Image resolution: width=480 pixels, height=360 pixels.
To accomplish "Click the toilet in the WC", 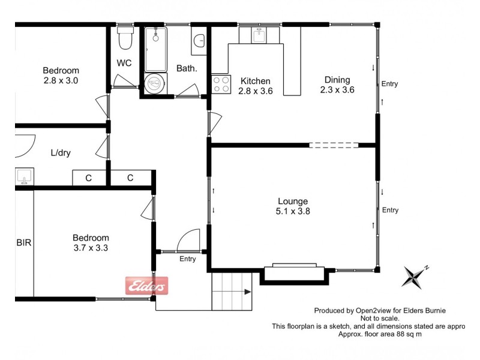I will click(x=125, y=38).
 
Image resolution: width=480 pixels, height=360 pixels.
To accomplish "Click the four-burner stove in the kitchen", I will click(x=220, y=84).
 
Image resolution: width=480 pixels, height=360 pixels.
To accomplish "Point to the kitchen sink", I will click(x=259, y=35).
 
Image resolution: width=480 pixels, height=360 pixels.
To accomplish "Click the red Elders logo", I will click(x=146, y=286).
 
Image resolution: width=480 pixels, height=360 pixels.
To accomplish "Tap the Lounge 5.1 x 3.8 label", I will click(x=293, y=206).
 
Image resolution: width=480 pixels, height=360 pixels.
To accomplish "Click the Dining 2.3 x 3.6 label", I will click(x=337, y=85).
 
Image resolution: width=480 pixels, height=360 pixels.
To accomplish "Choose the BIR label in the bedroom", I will click(x=23, y=243).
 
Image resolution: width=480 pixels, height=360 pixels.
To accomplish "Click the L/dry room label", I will click(x=61, y=152).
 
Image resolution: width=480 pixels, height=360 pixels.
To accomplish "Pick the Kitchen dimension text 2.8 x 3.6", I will click(x=256, y=91).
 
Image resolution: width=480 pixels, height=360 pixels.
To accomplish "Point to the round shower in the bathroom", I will click(x=155, y=82).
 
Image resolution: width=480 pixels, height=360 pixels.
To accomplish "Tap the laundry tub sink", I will click(x=25, y=176).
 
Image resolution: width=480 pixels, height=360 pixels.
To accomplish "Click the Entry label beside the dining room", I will click(x=389, y=84).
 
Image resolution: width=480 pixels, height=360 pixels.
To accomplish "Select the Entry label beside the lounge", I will click(x=390, y=210).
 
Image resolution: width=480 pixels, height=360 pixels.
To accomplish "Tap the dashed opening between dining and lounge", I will click(x=334, y=145).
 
